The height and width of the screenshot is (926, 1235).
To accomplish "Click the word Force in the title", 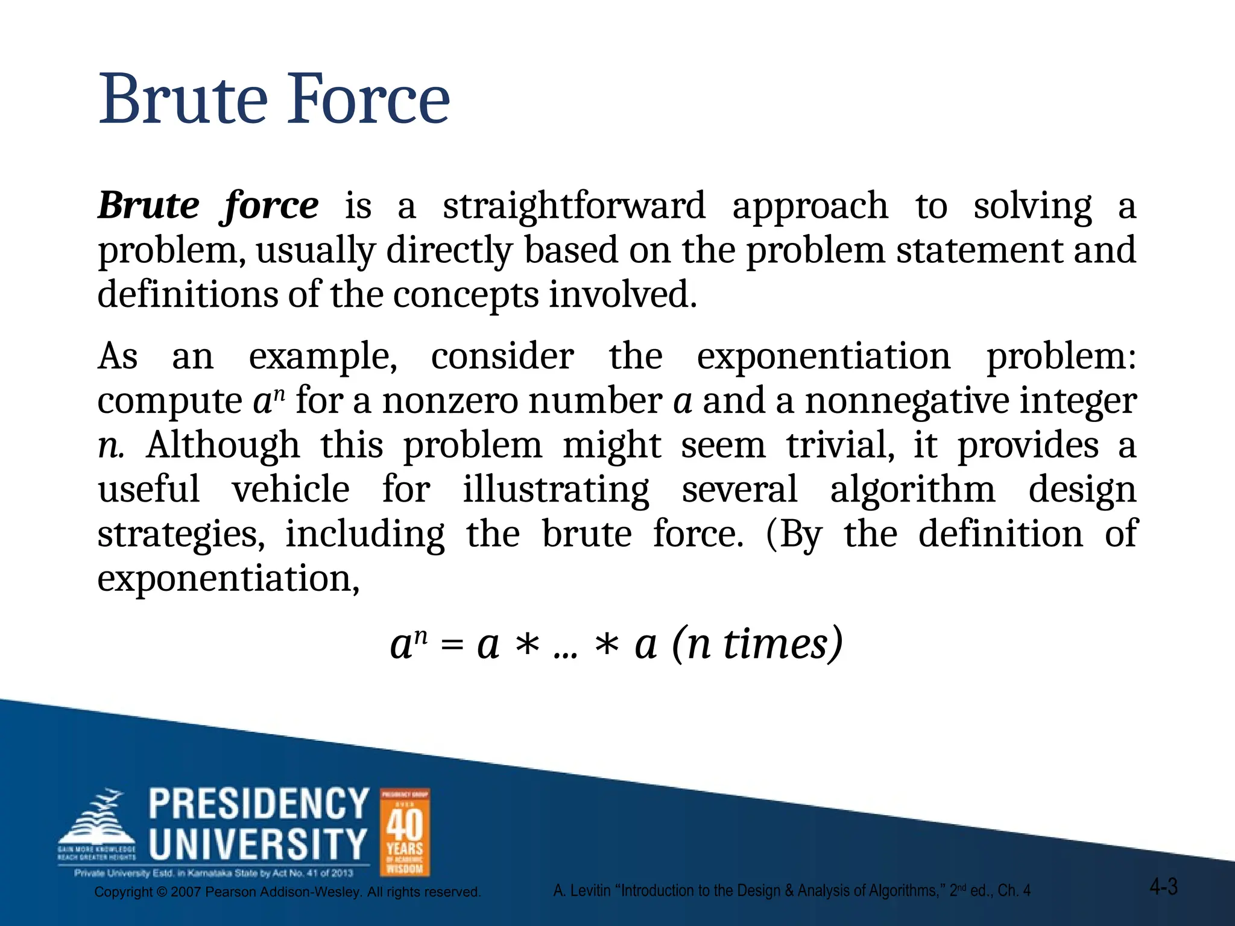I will pos(367,99).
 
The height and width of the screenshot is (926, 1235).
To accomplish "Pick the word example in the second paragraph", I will pos(323,357).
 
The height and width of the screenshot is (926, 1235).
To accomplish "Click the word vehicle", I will pos(291,490).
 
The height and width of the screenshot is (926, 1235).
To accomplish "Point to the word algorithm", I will pos(912,490).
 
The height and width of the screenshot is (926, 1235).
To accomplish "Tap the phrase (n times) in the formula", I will pos(757,644).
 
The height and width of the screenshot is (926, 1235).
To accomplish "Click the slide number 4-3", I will pos(1163,887).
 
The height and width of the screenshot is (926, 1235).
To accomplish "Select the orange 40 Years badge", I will pos(405,832).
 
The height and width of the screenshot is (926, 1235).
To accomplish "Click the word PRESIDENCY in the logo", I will pos(259,804).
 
